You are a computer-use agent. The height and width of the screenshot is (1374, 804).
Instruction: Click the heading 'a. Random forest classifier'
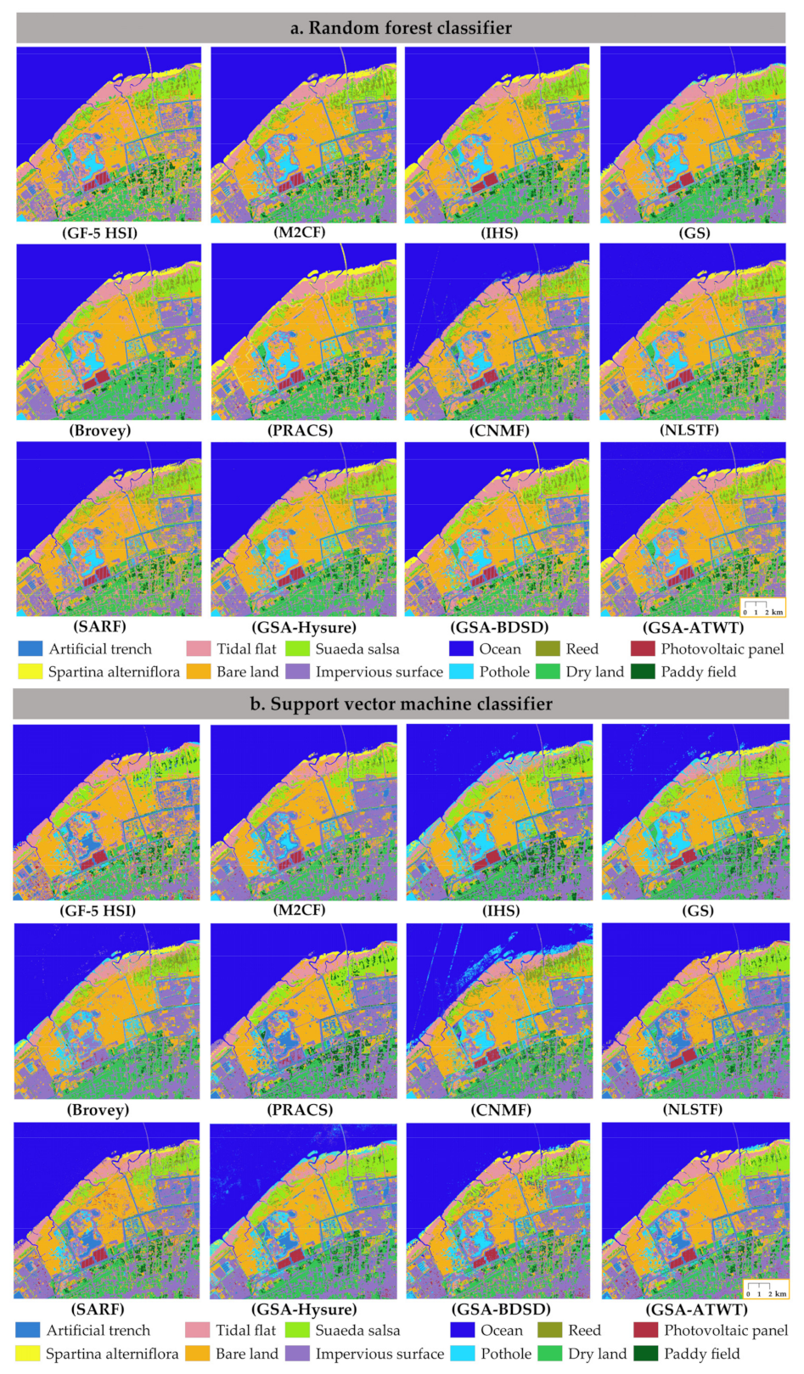tap(401, 28)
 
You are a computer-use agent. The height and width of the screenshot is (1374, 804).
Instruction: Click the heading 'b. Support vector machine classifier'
tap(401, 704)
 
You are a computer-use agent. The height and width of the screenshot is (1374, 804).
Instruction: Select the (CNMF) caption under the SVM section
tap(501, 1109)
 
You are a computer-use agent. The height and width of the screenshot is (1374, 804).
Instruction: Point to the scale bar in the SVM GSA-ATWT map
tap(766, 1289)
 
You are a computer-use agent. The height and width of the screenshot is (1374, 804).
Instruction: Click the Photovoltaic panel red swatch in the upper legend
tap(644, 648)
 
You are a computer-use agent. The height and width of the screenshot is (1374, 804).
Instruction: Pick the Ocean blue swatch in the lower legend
tap(463, 1330)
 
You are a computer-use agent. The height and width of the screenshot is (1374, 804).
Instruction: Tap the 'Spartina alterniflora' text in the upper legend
tap(114, 671)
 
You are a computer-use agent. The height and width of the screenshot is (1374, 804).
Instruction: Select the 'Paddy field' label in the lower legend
tap(701, 1354)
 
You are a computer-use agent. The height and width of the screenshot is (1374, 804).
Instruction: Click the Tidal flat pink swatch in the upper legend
tap(199, 648)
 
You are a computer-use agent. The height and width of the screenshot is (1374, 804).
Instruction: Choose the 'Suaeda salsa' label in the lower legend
tap(357, 1330)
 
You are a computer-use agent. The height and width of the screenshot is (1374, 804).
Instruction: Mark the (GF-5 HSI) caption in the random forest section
tap(99, 233)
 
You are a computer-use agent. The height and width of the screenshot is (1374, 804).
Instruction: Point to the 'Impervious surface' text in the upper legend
tap(379, 671)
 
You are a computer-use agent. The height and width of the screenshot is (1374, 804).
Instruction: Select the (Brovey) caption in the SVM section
tap(98, 1109)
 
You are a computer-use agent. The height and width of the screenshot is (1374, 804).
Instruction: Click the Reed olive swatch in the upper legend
tap(548, 648)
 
